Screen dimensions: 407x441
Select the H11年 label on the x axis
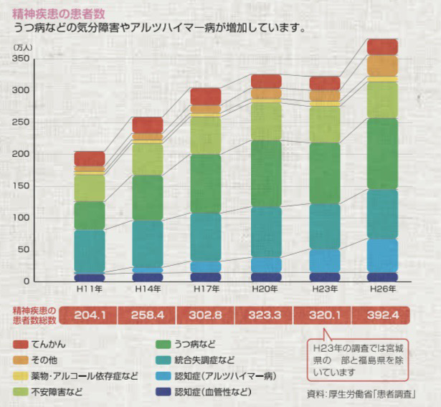click(90, 289)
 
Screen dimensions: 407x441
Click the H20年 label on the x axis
click(265, 289)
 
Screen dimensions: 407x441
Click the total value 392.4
click(382, 315)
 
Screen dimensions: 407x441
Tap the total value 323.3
click(265, 315)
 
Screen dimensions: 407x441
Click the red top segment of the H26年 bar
click(382, 47)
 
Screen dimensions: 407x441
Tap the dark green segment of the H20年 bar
click(265, 173)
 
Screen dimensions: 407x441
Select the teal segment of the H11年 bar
click(90, 251)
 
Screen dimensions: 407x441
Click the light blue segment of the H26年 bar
click(382, 255)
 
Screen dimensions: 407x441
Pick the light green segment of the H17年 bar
click(207, 135)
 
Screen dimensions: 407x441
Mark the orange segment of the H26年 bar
click(382, 65)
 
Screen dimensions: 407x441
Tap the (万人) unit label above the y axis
click(24, 46)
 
